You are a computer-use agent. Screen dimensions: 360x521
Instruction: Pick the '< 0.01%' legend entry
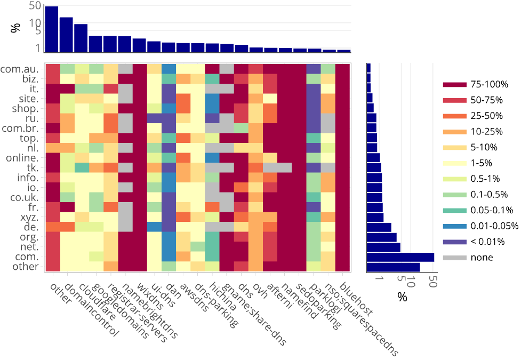click(x=487, y=242)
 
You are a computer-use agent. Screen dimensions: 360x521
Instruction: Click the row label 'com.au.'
click(x=20, y=69)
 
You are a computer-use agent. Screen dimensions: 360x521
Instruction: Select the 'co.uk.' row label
click(x=23, y=197)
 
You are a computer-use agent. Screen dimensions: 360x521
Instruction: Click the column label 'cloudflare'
click(x=97, y=306)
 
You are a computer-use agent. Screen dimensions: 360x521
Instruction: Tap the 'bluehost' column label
click(x=357, y=299)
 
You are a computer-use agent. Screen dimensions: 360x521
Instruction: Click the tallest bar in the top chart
click(x=52, y=29)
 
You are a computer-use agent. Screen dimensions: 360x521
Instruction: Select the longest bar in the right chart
click(x=400, y=257)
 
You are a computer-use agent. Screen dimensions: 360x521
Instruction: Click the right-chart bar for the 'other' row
click(x=393, y=267)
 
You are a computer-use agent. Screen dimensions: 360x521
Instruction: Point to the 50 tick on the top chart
click(x=35, y=6)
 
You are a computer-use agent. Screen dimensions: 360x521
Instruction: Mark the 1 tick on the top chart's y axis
click(x=38, y=48)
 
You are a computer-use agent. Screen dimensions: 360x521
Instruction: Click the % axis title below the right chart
click(x=402, y=297)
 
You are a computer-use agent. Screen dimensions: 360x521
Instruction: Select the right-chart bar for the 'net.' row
click(x=383, y=247)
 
